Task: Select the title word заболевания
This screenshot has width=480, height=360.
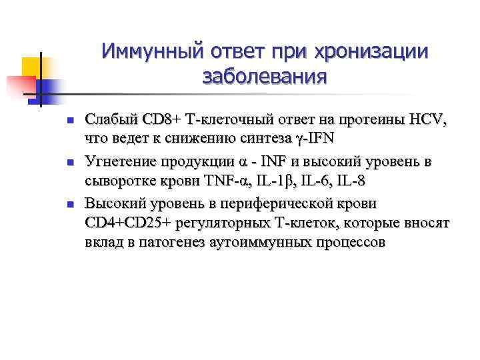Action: coord(265,77)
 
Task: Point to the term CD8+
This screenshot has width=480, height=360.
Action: coord(160,121)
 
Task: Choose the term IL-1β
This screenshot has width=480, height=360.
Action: coord(271,181)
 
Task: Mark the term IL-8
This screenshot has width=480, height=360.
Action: coord(349,181)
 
